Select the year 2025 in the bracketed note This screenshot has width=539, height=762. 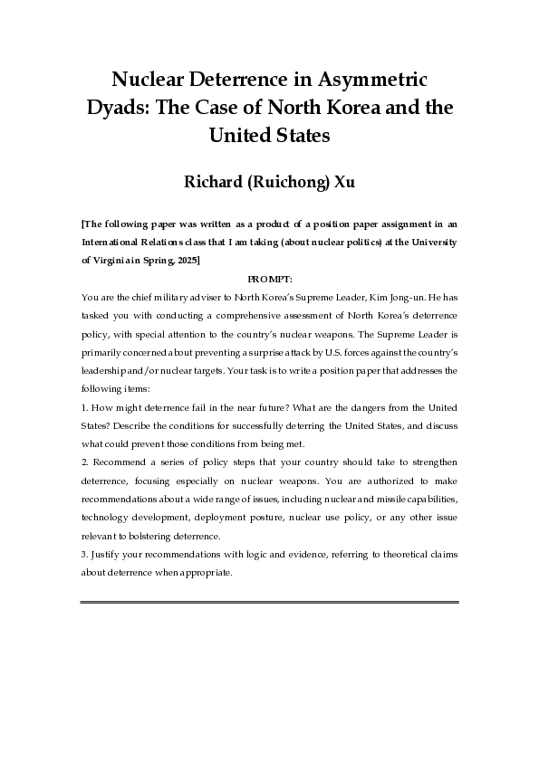click(183, 260)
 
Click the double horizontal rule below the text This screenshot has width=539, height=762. click(269, 602)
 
